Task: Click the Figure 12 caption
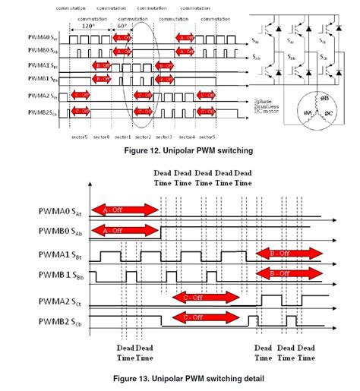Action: coord(179,152)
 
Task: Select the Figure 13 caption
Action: coord(179,377)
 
